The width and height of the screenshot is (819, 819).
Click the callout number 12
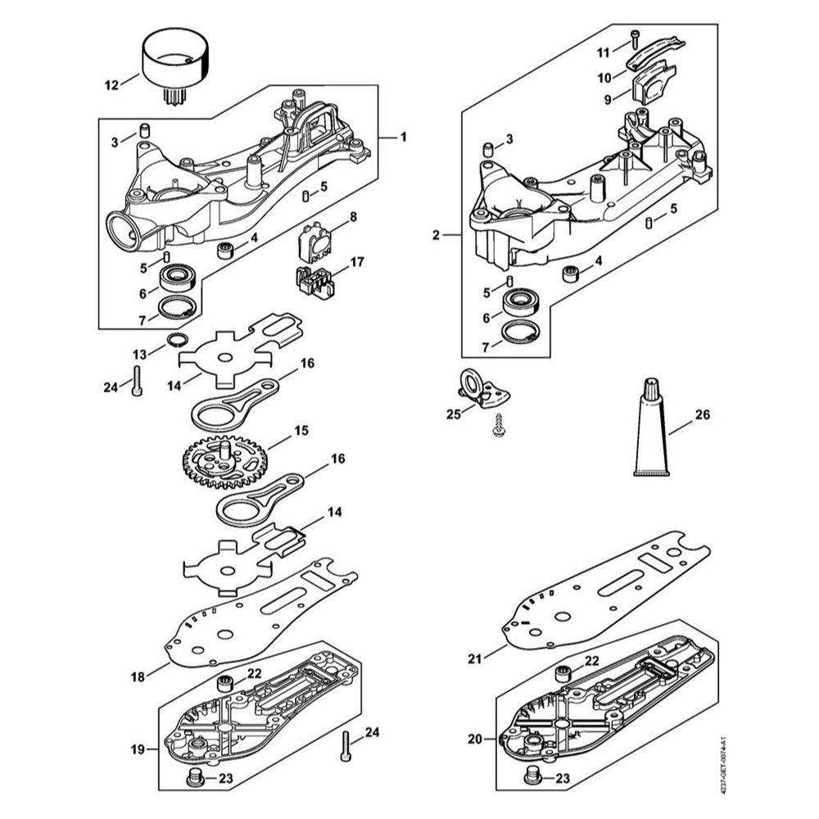pos(111,83)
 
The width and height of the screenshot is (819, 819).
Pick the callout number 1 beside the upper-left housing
pos(403,138)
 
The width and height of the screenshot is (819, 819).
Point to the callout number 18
pos(138,676)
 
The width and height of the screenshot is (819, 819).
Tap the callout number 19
pos(137,749)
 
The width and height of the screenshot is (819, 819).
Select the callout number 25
pos(454,414)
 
